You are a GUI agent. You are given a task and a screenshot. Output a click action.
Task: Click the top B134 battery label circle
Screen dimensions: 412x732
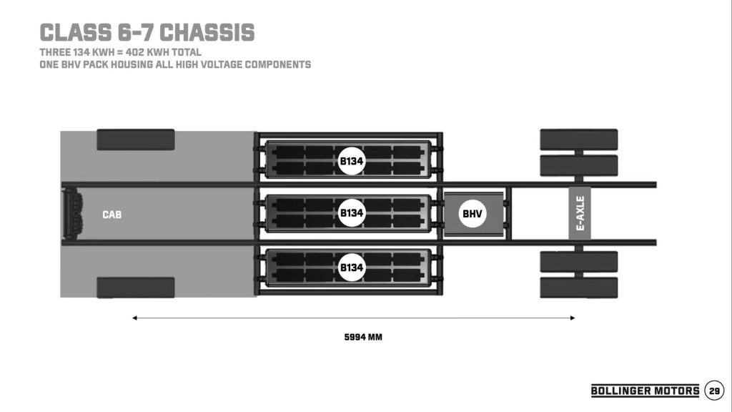352,161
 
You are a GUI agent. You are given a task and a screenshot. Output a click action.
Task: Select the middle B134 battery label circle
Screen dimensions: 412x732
352,213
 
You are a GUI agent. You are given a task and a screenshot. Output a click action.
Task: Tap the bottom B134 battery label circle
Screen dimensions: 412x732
352,267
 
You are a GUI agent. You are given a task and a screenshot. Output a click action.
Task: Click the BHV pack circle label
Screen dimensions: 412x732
472,213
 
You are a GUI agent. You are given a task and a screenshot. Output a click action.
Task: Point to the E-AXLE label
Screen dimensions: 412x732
580,213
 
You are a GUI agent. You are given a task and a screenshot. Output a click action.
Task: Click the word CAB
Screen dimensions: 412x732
112,215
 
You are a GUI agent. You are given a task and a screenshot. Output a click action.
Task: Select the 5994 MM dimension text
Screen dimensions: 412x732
363,336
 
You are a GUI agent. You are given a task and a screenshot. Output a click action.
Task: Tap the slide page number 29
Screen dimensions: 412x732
714,391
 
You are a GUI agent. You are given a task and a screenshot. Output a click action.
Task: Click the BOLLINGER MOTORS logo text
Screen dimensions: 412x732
645,391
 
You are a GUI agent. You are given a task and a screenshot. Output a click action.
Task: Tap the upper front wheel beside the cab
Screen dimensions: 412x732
136,139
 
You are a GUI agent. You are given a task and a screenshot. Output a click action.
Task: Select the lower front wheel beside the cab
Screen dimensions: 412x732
136,288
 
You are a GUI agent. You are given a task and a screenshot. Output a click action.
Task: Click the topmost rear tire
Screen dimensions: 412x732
578,139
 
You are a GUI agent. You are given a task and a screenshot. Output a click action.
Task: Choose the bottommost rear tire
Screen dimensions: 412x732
578,288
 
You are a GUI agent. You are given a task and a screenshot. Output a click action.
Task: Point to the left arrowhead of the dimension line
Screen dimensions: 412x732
134,318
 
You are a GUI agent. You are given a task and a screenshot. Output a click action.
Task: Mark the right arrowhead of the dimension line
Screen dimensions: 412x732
573,318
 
